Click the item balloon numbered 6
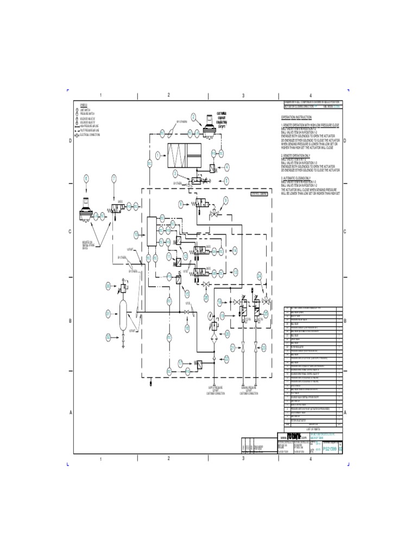tap(86, 178)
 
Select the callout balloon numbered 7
tap(113, 178)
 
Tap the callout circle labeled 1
tap(157, 155)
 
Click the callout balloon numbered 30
tap(108, 286)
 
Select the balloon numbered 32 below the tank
tap(108, 338)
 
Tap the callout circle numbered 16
tap(186, 328)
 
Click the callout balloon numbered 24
tap(260, 276)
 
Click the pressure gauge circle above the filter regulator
tap(209, 313)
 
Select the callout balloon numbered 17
tap(181, 362)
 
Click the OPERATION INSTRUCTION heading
tap(296, 117)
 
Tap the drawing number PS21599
tap(330, 449)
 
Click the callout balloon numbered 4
tap(227, 167)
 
